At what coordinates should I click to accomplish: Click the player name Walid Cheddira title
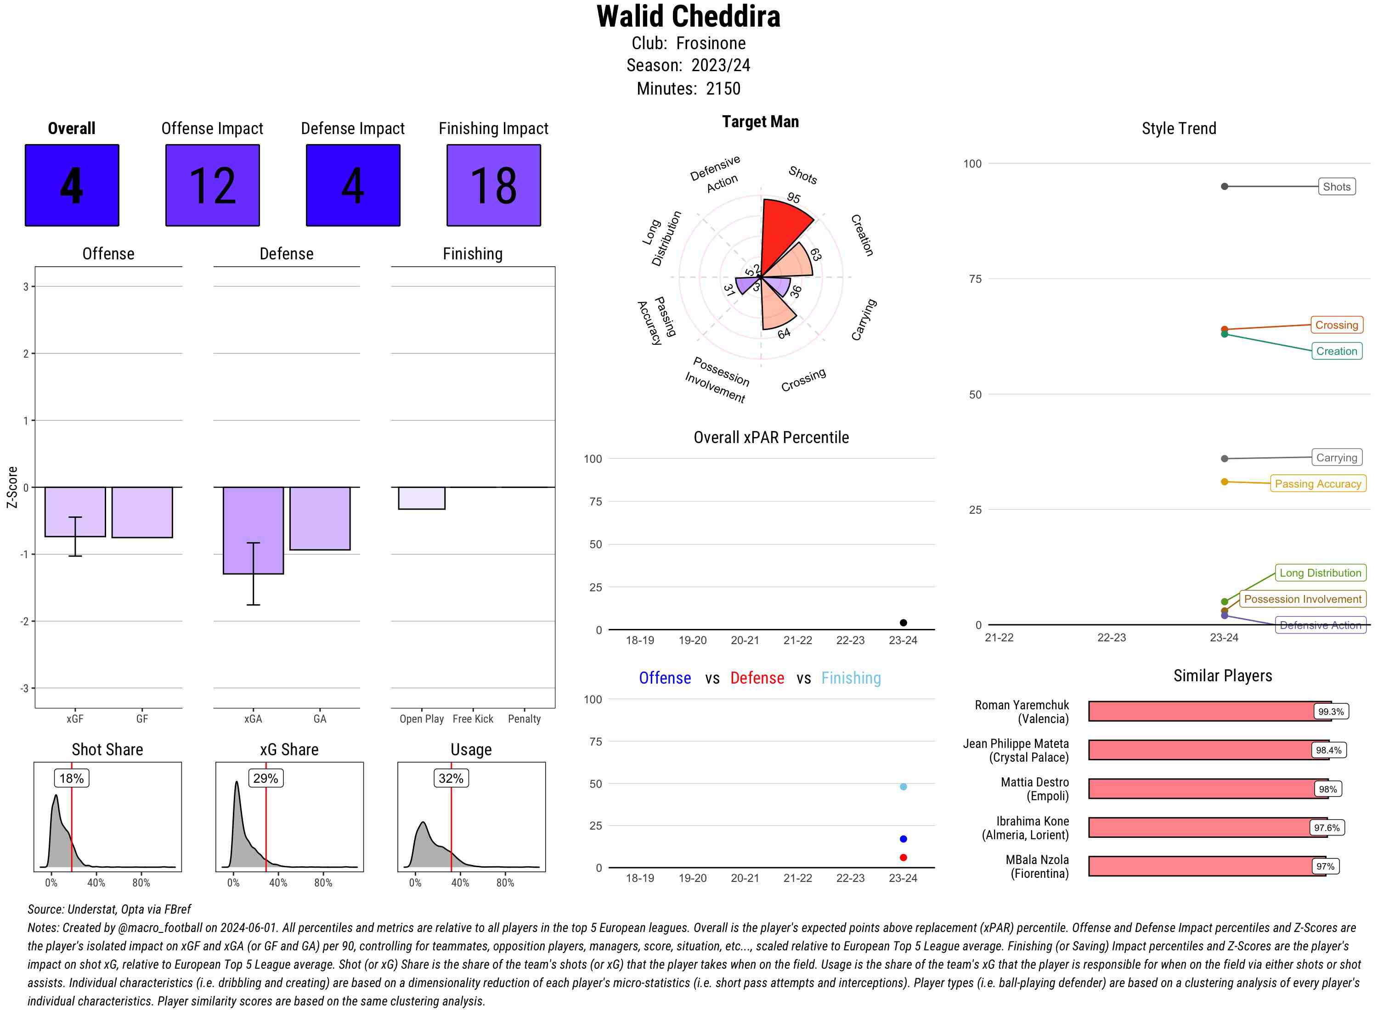click(x=688, y=17)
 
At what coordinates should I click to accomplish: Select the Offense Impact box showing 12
click(x=212, y=185)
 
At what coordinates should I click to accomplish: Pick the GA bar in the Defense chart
click(x=320, y=518)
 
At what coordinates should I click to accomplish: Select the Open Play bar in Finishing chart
click(x=421, y=498)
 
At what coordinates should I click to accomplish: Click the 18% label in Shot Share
click(x=72, y=778)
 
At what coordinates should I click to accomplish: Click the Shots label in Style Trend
click(x=1336, y=186)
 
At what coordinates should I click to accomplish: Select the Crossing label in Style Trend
click(x=1336, y=325)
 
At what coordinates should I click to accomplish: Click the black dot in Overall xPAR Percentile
click(x=903, y=623)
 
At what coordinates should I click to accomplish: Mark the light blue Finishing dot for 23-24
click(x=903, y=786)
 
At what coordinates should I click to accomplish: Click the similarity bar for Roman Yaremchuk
click(x=1199, y=711)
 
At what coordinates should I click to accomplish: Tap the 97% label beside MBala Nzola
click(x=1325, y=866)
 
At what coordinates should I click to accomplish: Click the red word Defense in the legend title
click(x=757, y=678)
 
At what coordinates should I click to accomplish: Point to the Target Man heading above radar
click(x=760, y=122)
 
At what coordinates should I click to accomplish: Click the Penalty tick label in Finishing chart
click(x=524, y=719)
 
